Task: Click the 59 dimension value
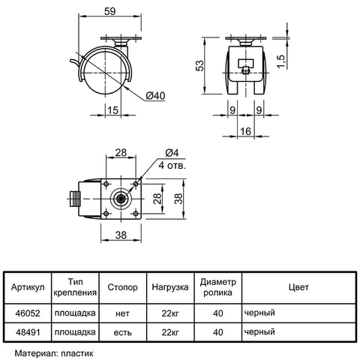[109, 11]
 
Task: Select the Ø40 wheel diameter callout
[155, 96]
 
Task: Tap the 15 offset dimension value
[112, 110]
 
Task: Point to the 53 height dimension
[199, 66]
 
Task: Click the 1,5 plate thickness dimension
[281, 61]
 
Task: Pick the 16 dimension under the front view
[245, 131]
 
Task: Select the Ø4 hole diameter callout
[172, 153]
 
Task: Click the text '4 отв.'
[172, 165]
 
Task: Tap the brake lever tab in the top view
[74, 199]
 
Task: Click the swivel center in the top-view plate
[121, 199]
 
